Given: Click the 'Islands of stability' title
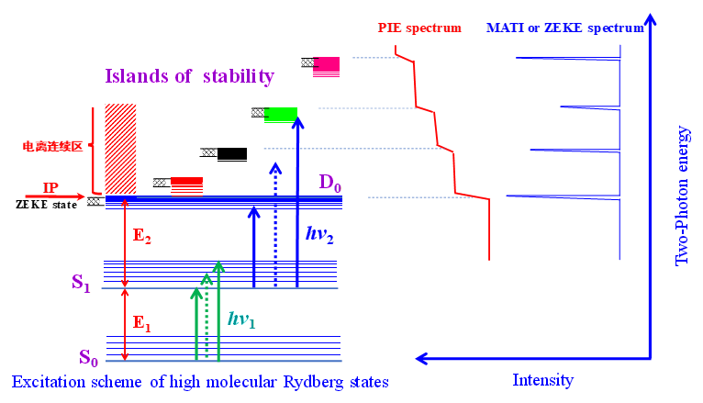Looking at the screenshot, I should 190,76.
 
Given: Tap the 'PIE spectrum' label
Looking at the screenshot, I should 420,28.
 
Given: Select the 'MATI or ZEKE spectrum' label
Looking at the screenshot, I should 565,28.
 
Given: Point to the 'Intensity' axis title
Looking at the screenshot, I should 543,380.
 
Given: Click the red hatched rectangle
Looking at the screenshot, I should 120,148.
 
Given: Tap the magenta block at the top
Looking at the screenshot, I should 327,64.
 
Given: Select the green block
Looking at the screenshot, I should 281,114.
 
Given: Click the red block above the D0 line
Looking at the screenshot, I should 186,182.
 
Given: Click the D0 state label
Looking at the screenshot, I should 329,183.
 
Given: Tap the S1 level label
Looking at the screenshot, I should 82,285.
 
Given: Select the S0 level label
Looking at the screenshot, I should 88,358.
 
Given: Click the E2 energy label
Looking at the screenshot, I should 142,236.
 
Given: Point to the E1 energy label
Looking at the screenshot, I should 140,322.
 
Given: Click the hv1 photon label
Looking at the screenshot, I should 242,319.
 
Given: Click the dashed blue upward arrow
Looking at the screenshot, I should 274,225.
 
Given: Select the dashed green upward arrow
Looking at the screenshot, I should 207,317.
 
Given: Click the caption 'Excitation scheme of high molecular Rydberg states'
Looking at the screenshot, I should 200,382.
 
